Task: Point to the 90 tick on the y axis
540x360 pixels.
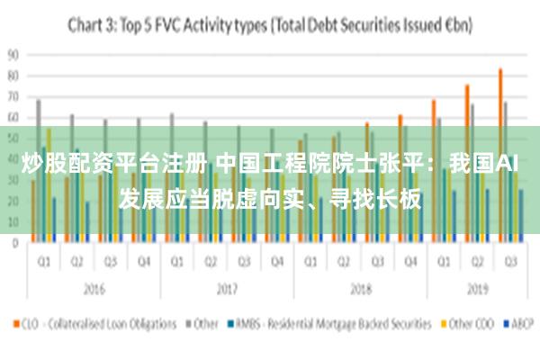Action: pyautogui.click(x=13, y=54)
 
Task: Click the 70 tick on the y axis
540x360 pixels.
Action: pyautogui.click(x=13, y=96)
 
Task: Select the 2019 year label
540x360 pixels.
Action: pyautogui.click(x=477, y=290)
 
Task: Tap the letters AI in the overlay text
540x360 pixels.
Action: pyautogui.click(x=508, y=165)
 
